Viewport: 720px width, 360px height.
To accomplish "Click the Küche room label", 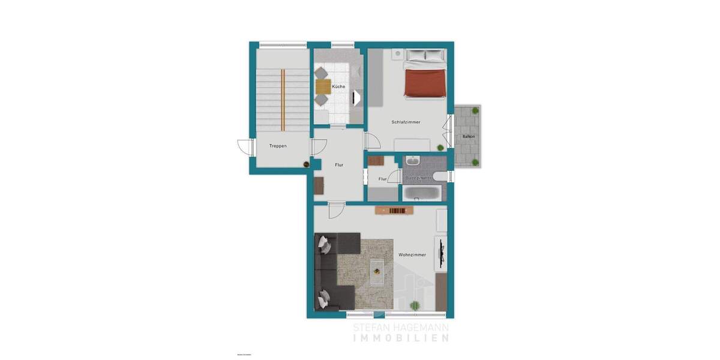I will coord(338,87).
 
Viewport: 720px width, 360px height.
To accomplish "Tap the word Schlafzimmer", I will coord(406,122).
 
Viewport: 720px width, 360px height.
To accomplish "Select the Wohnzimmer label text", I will coord(412,254).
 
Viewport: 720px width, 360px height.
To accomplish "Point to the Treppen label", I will coord(278,146).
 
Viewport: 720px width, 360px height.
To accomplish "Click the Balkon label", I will coord(469,137).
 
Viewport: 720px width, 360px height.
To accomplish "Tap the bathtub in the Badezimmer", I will coord(421,193).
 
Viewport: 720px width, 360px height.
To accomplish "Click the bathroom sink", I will coord(413,161).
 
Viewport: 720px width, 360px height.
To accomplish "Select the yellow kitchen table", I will coord(322,88).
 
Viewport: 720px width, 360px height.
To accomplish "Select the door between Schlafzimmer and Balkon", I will coord(448,130).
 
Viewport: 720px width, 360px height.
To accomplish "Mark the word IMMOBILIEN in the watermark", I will coord(400,338).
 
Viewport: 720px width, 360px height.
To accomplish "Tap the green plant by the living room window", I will coord(413,306).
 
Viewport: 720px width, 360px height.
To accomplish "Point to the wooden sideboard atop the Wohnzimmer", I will coord(395,210).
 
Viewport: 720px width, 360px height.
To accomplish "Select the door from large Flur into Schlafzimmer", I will coord(370,140).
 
